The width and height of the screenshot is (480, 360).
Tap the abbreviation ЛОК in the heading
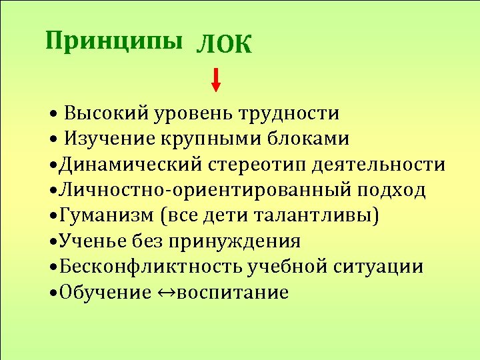225,45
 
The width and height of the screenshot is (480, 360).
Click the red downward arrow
216,80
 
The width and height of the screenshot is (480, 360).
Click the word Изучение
108,139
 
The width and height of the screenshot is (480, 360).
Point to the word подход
391,190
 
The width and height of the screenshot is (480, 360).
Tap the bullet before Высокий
53,113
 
